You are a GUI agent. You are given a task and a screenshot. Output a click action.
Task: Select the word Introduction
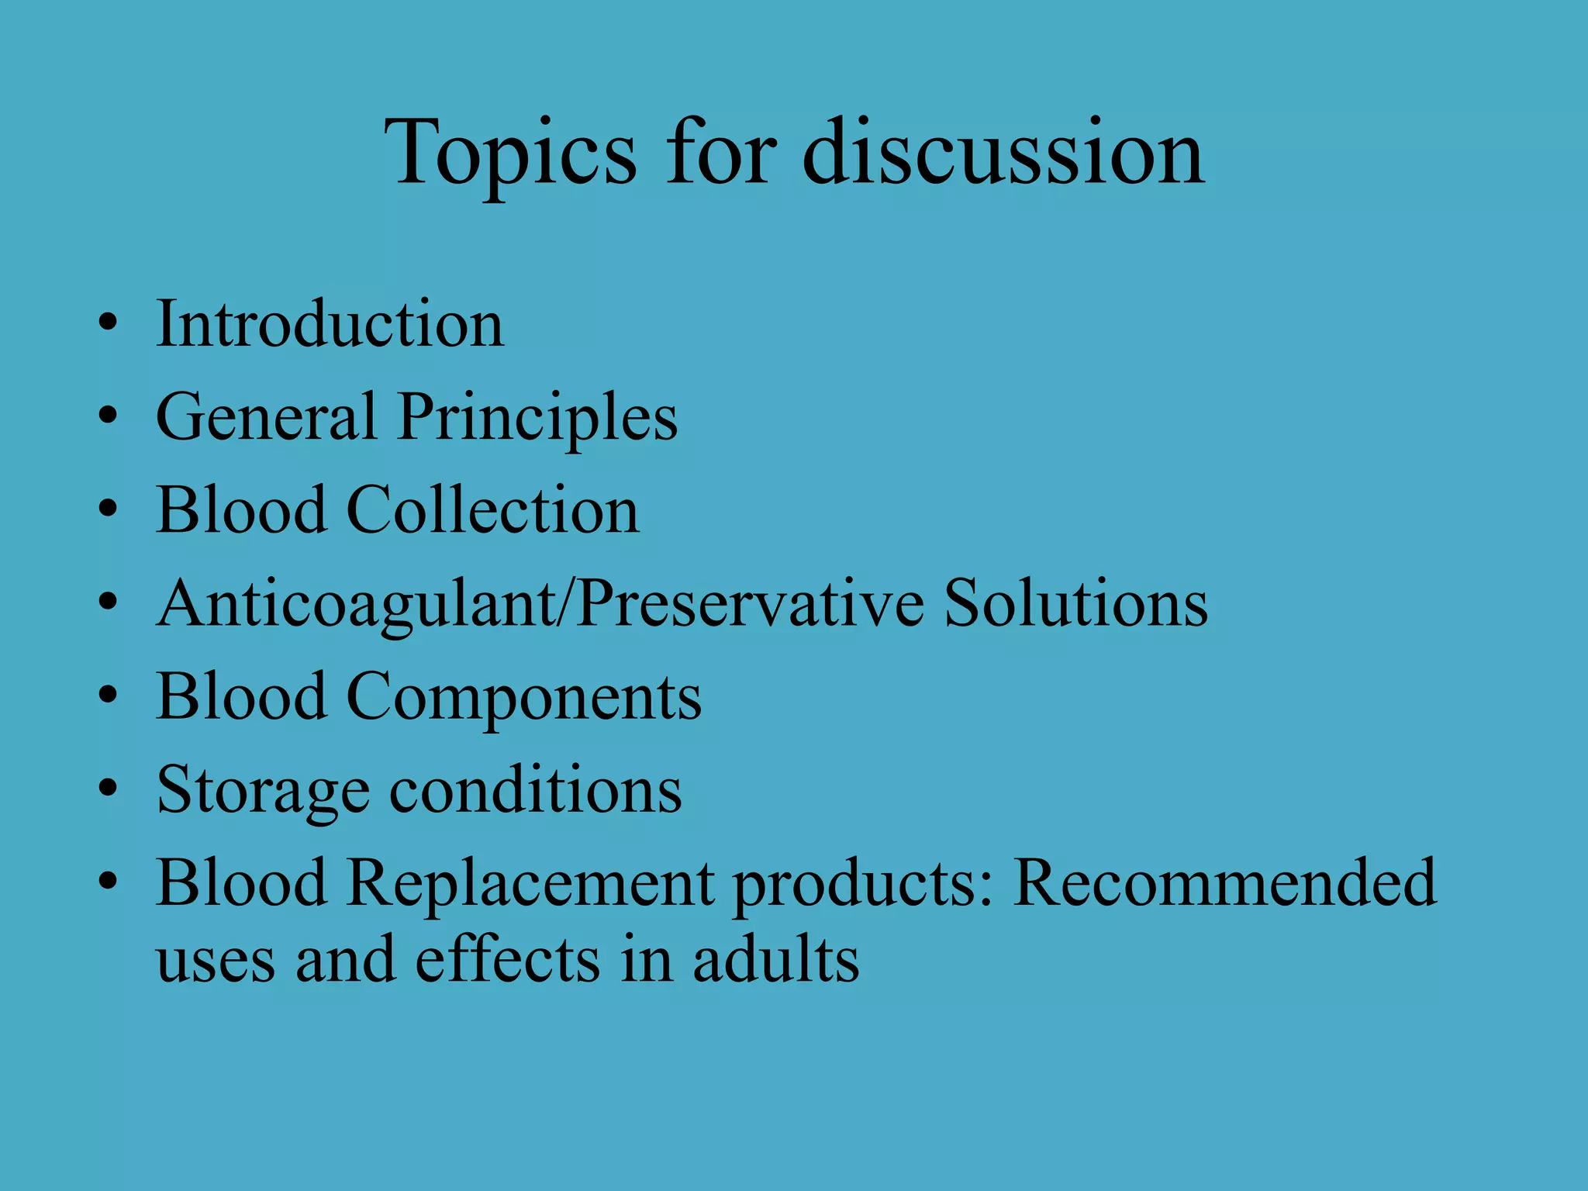[330, 323]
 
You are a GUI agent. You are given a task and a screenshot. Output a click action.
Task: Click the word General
[266, 417]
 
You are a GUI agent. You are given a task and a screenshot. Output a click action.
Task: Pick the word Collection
[492, 510]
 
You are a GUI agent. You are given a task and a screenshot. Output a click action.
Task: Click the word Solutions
[1075, 603]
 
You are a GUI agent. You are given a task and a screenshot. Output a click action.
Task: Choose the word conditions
[535, 789]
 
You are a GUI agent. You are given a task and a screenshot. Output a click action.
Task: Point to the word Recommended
[1225, 882]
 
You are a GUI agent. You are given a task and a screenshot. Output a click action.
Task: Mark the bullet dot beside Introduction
[108, 323]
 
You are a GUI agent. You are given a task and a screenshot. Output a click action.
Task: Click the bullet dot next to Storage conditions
[108, 789]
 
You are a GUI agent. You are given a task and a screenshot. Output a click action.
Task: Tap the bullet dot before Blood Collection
[108, 509]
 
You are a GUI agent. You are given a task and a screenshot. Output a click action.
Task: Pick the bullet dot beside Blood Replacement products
[108, 882]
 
